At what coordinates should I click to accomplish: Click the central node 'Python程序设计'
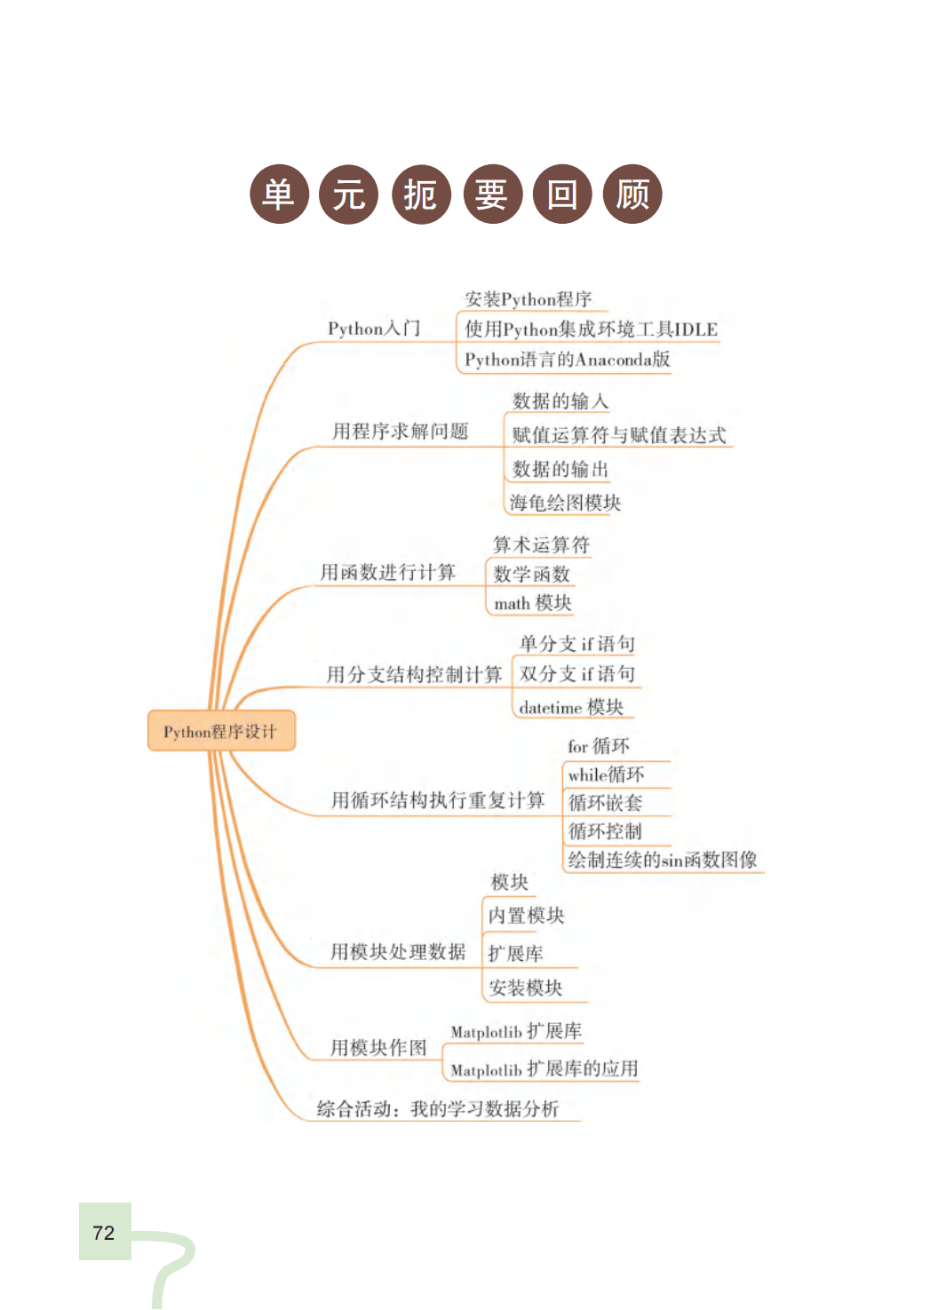pyautogui.click(x=220, y=732)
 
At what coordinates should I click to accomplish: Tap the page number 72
pyautogui.click(x=104, y=1233)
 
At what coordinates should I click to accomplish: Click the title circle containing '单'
pyautogui.click(x=279, y=195)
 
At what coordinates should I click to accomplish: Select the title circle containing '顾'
pyautogui.click(x=632, y=195)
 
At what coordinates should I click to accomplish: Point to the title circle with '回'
pyautogui.click(x=561, y=195)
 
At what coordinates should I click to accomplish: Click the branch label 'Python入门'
pyautogui.click(x=374, y=329)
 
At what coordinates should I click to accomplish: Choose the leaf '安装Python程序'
pyautogui.click(x=528, y=299)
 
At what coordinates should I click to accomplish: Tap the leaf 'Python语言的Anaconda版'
pyautogui.click(x=567, y=360)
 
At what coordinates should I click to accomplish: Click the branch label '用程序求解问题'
pyautogui.click(x=400, y=432)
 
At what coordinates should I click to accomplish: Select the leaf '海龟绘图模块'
pyautogui.click(x=565, y=503)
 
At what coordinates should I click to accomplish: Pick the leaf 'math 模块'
pyautogui.click(x=533, y=603)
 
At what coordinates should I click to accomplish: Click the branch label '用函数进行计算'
pyautogui.click(x=387, y=572)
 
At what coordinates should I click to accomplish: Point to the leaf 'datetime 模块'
pyautogui.click(x=571, y=707)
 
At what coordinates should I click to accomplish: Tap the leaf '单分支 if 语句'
pyautogui.click(x=577, y=643)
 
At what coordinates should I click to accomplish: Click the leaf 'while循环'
pyautogui.click(x=607, y=774)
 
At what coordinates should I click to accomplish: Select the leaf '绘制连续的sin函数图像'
pyautogui.click(x=663, y=860)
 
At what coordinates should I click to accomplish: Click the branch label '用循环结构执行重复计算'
pyautogui.click(x=438, y=800)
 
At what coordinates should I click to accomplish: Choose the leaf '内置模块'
pyautogui.click(x=526, y=916)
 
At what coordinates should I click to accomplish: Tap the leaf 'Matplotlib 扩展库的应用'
pyautogui.click(x=544, y=1069)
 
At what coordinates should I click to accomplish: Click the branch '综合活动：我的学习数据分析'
pyautogui.click(x=438, y=1108)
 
